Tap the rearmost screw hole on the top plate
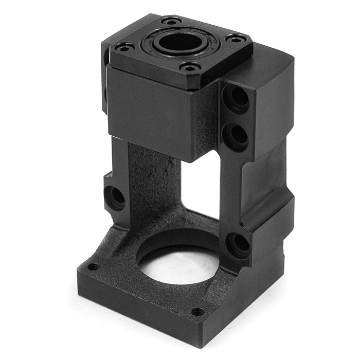[x=171, y=21]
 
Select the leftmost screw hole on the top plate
[x=124, y=47]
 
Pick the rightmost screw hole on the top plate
[x=236, y=39]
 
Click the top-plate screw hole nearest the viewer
[x=191, y=67]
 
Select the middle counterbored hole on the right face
[x=237, y=134]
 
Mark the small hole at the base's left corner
[x=93, y=267]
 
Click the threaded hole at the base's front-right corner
[x=197, y=311]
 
